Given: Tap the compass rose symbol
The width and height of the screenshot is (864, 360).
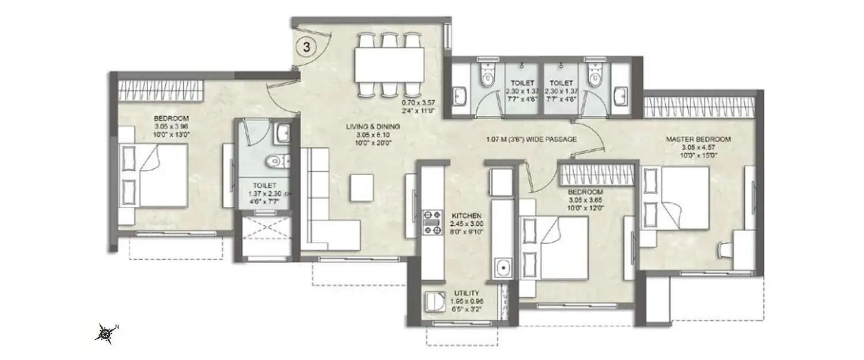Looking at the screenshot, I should point(105,332).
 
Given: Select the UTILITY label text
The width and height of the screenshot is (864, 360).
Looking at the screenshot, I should point(467,293).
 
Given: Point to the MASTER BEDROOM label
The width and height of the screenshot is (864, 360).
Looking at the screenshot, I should point(698,139).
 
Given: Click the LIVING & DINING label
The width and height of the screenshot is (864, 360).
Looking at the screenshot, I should point(373,127).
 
